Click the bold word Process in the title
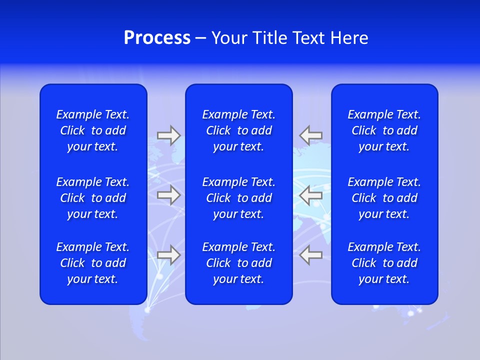pos(157,38)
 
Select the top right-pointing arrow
pos(168,135)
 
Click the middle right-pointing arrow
pos(168,195)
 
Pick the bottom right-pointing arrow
pos(168,255)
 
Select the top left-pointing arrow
pos(311,135)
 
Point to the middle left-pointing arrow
pos(311,195)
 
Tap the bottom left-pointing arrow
pos(311,255)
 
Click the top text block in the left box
pos(93,130)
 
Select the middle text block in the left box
pos(93,198)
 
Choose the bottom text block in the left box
pos(93,263)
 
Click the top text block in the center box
pos(239,130)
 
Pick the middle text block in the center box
pos(239,198)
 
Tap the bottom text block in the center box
pos(239,263)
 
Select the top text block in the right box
pos(384,130)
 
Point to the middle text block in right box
pos(384,198)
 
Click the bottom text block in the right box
pos(384,263)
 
